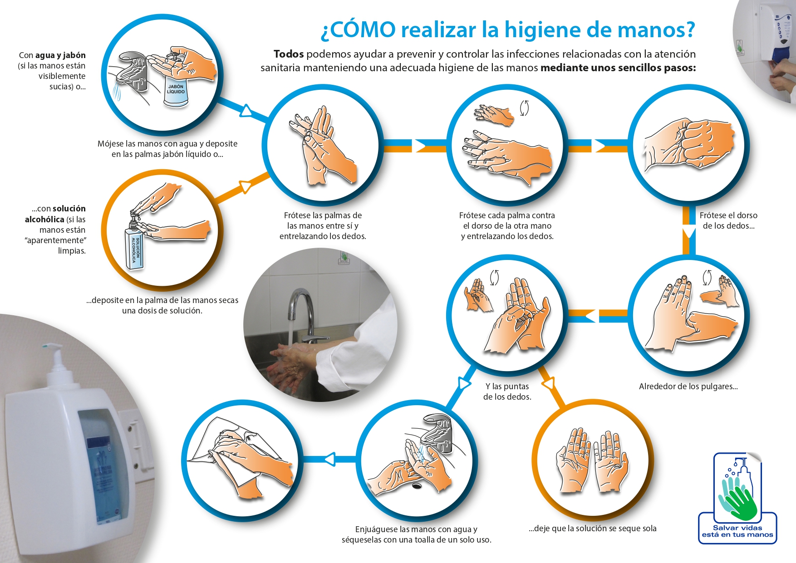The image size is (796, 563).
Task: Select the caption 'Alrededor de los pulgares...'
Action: tap(688, 387)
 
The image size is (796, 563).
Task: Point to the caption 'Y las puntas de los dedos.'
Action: tap(507, 392)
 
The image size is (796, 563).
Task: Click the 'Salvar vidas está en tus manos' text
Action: tap(737, 531)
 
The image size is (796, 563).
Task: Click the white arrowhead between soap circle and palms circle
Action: tap(246, 111)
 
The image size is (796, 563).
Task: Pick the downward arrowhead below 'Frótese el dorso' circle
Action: tap(689, 233)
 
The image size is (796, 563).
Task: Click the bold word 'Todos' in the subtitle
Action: tap(289, 54)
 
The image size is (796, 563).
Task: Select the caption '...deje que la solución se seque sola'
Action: tap(592, 529)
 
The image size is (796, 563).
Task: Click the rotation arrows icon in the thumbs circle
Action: tap(707, 277)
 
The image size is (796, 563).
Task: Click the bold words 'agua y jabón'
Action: tap(60, 55)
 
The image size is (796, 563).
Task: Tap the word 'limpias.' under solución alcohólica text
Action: tap(72, 251)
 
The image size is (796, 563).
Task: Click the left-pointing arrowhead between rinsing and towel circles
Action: tap(329, 459)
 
